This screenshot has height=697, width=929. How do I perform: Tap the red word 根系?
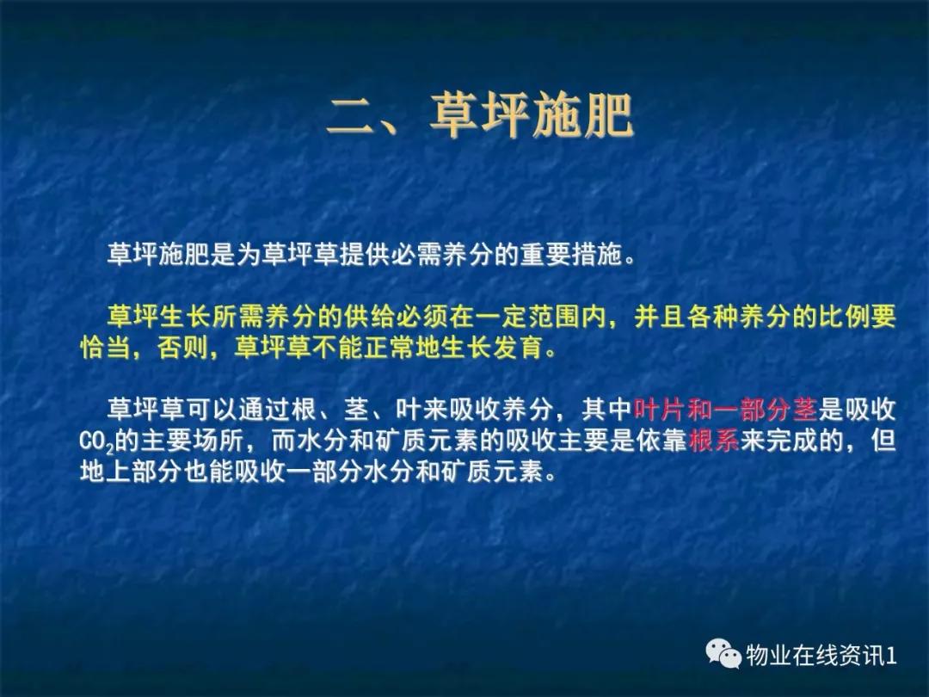pos(714,441)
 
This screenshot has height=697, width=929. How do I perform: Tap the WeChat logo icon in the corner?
pos(723,655)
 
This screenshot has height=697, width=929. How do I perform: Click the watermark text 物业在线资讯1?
pos(821,656)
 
